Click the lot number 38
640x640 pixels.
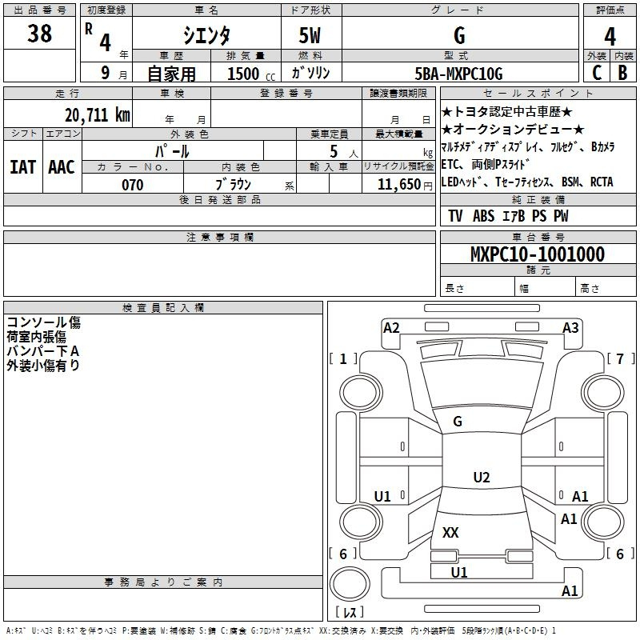pos(39,33)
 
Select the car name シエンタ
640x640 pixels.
pos(206,35)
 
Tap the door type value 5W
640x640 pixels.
pos(310,35)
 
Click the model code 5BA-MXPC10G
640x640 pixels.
pos(458,74)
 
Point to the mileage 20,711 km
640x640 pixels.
pos(98,114)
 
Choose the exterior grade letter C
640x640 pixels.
pos(597,73)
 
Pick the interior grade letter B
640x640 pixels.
pos(622,73)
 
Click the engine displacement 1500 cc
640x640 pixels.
pos(251,74)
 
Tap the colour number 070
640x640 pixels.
pos(133,185)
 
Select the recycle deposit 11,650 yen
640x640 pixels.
pos(405,185)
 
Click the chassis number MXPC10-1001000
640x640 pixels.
pos(538,254)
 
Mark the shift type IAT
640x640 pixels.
pos(23,167)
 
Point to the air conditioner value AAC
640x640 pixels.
pos(62,167)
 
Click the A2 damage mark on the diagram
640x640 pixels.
pos(391,328)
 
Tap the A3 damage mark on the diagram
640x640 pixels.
pos(570,328)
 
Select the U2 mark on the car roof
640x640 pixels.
pos(482,477)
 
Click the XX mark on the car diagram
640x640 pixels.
pos(450,532)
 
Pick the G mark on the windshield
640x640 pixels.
pos(458,422)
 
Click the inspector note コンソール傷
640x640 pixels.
pos(44,322)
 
